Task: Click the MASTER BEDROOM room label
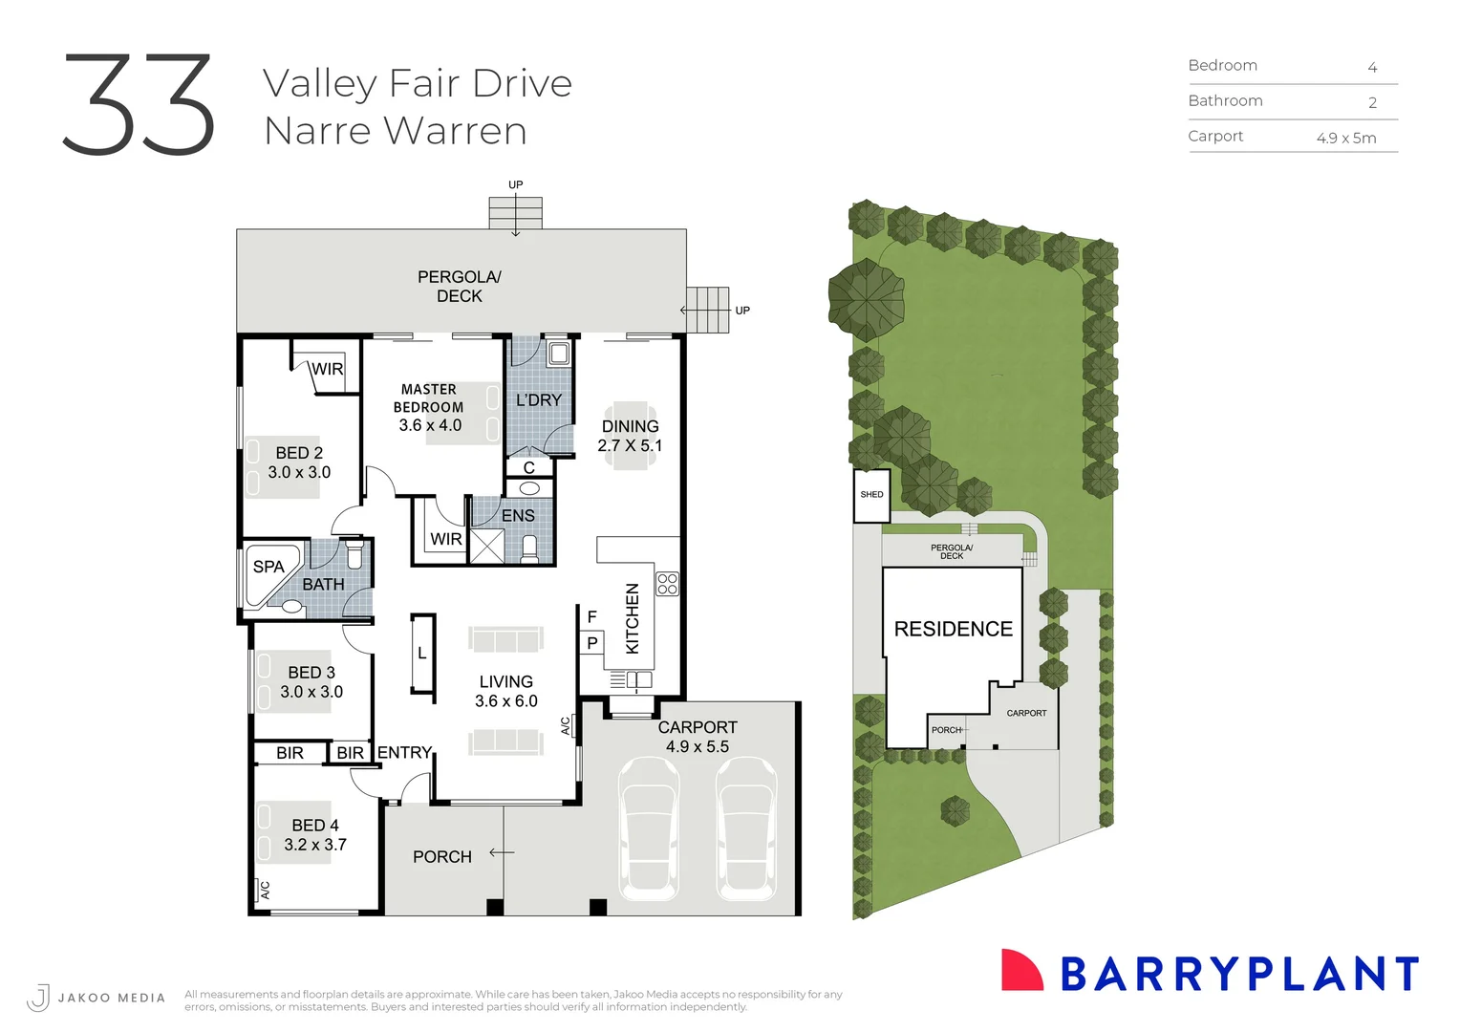pyautogui.click(x=429, y=398)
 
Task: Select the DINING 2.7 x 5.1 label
pyautogui.click(x=630, y=436)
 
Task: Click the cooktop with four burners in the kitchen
pyautogui.click(x=667, y=584)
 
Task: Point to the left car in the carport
pyautogui.click(x=649, y=828)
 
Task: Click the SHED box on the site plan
pyautogui.click(x=871, y=495)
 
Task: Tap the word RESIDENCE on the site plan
pyautogui.click(x=953, y=629)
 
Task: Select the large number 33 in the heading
pyautogui.click(x=140, y=105)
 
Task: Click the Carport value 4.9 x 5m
pyautogui.click(x=1345, y=139)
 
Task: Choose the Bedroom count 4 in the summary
pyautogui.click(x=1372, y=68)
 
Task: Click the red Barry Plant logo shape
pyautogui.click(x=1021, y=971)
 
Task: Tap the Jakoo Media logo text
pyautogui.click(x=111, y=998)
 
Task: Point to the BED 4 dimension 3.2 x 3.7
pyautogui.click(x=315, y=845)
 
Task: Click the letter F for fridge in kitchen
pyautogui.click(x=592, y=617)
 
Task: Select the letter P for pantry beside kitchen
pyautogui.click(x=592, y=643)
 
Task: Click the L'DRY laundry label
pyautogui.click(x=539, y=400)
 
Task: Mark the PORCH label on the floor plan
pyautogui.click(x=441, y=857)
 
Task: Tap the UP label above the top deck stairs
pyautogui.click(x=516, y=184)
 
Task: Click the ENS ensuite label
pyautogui.click(x=518, y=516)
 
